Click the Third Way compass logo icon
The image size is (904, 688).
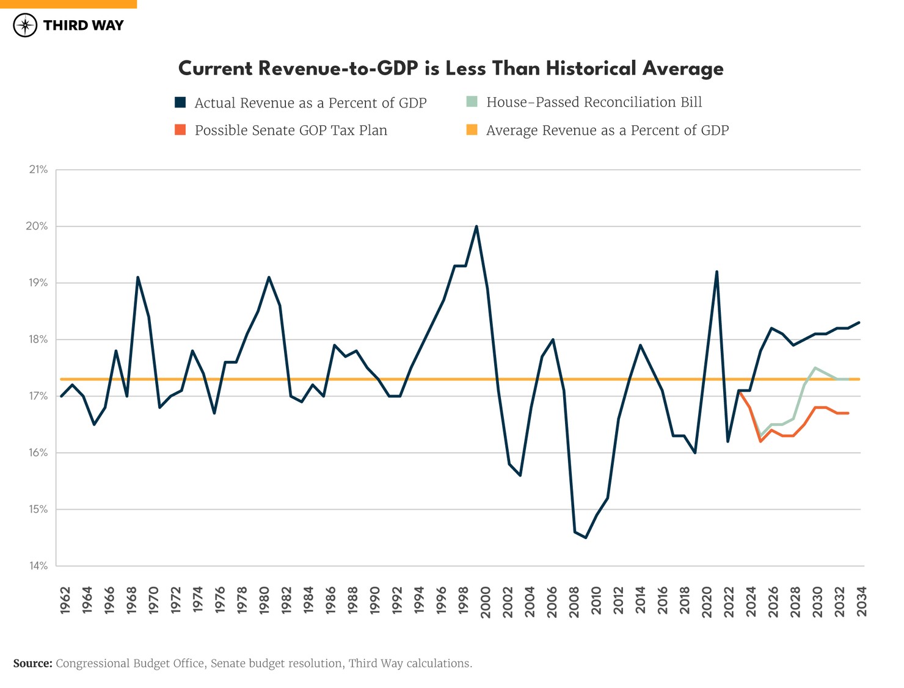click(25, 26)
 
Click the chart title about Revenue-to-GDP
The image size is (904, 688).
click(451, 68)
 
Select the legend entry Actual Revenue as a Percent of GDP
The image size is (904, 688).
click(310, 103)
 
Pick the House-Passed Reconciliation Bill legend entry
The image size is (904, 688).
click(594, 102)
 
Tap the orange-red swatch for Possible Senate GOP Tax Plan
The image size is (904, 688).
click(180, 130)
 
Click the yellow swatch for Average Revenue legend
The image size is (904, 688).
click(472, 130)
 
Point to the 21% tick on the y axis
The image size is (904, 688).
click(38, 170)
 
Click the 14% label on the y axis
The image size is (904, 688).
click(38, 566)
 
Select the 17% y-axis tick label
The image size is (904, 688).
click(38, 396)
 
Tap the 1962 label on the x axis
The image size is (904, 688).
click(65, 601)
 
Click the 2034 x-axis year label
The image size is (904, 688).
click(861, 601)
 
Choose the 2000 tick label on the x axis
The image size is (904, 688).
click(486, 601)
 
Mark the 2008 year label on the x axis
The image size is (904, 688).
click(574, 601)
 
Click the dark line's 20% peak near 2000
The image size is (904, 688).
click(476, 226)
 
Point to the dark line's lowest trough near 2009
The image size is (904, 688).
click(586, 537)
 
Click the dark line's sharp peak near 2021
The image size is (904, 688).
click(716, 272)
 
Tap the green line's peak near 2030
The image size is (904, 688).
click(815, 368)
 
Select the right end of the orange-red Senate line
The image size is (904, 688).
click(848, 413)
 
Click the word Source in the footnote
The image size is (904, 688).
click(32, 664)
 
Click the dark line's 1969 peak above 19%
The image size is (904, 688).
click(137, 277)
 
